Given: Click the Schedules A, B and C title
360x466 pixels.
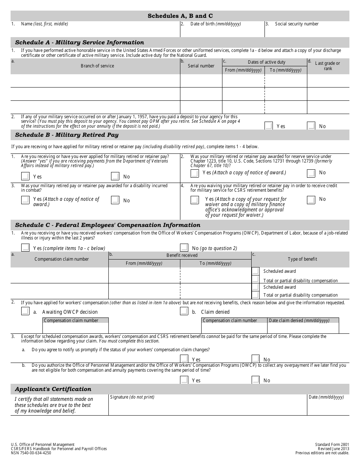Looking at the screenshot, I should [180, 16].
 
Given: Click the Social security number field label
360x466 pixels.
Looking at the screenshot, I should [297, 24].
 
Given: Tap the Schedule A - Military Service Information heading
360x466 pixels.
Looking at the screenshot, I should [80, 42].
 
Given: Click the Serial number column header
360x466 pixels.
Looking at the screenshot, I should [201, 66].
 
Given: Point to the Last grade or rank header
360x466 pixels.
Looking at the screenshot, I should [328, 66].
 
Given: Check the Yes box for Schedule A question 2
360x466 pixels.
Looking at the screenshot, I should [268, 126].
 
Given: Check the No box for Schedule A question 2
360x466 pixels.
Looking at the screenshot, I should [311, 126].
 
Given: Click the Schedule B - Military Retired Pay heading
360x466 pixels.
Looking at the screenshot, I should [67, 135].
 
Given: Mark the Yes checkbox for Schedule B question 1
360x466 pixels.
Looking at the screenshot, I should [25, 176].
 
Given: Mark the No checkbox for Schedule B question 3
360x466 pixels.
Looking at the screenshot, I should [115, 200].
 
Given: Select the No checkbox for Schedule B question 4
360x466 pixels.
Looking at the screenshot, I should [311, 200].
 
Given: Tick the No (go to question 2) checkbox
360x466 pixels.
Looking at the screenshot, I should [184, 248].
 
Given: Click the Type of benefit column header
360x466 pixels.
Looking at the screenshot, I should [302, 259].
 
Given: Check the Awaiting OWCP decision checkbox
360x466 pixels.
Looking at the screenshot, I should [25, 311].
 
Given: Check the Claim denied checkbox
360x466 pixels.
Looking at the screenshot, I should [184, 311].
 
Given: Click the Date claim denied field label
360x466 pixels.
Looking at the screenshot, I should [299, 321].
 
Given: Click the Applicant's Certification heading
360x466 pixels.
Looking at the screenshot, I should [53, 389].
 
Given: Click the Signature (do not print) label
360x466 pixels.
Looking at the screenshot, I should [132, 397].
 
